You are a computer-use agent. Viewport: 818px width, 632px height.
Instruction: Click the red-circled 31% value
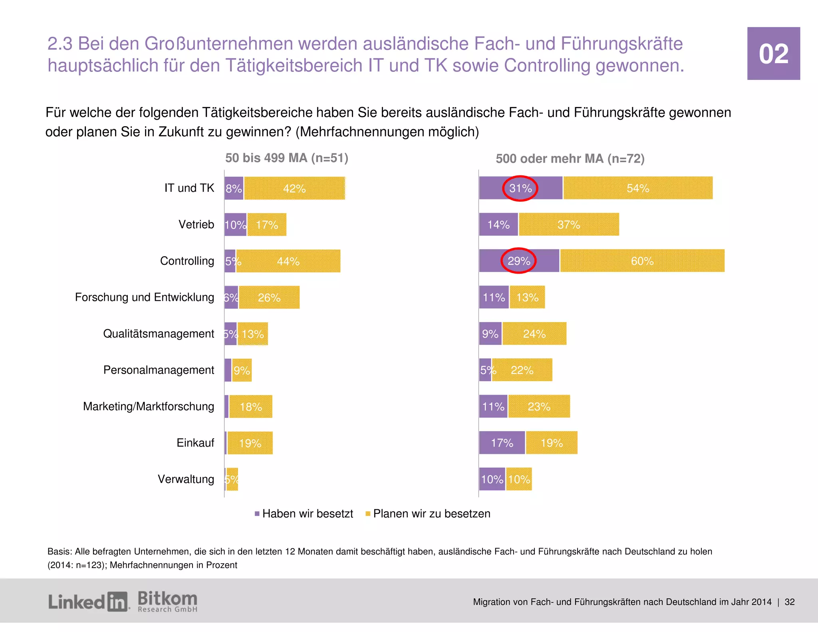click(520, 188)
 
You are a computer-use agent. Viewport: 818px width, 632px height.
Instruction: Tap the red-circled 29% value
click(518, 261)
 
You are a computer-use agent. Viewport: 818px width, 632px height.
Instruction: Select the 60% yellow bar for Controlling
click(642, 261)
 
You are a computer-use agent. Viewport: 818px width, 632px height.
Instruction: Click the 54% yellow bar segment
click(637, 188)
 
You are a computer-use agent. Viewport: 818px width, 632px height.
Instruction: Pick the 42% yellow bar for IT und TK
click(294, 189)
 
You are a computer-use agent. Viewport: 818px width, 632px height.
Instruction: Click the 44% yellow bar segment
click(288, 261)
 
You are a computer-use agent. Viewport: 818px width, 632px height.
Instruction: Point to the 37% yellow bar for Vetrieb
click(569, 225)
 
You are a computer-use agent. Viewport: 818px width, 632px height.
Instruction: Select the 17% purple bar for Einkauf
click(502, 443)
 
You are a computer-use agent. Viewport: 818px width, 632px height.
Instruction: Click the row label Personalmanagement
click(159, 370)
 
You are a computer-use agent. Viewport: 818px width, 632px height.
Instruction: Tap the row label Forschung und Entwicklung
click(145, 297)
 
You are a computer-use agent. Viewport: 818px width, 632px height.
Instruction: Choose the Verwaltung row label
click(186, 479)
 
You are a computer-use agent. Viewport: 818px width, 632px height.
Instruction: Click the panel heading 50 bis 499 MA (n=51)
click(287, 158)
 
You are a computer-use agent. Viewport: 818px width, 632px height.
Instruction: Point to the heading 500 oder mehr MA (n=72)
click(570, 159)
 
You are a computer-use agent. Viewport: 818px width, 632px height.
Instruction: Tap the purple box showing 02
click(773, 54)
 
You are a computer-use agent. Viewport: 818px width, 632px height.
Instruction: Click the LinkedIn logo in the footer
click(88, 602)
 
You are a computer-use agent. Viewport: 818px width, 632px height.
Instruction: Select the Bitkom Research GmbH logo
click(167, 602)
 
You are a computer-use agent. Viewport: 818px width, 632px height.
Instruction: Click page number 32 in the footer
click(790, 602)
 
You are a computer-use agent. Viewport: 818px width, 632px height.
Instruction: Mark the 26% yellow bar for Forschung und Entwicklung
click(269, 298)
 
